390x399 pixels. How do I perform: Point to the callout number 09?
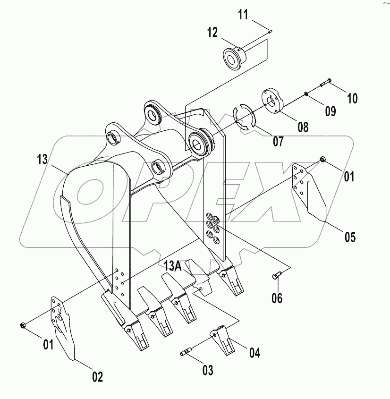click(x=330, y=111)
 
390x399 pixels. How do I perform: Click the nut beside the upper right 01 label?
click(x=322, y=160)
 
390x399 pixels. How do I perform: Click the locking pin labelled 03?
click(x=189, y=351)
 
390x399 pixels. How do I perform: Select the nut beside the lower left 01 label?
click(x=23, y=324)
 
